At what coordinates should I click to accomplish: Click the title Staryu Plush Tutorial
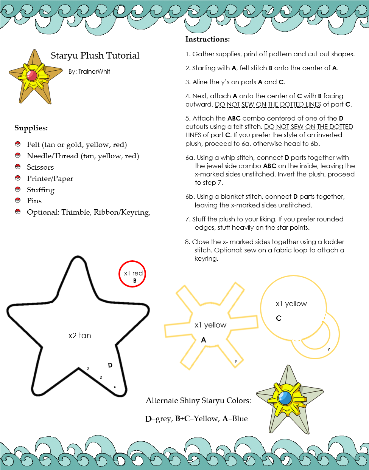point(95,56)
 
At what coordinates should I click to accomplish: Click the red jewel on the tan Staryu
point(32,75)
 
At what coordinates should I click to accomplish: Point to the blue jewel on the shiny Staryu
point(285,397)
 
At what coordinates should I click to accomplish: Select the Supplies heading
point(31,128)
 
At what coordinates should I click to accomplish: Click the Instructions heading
point(207,39)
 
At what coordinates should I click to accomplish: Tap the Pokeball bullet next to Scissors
point(17,167)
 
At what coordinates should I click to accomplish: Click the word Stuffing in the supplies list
point(40,190)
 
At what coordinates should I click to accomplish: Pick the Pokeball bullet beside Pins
point(17,200)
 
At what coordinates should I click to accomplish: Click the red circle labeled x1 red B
point(132,274)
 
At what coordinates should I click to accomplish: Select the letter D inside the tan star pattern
point(110,365)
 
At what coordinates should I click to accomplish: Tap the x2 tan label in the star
point(79,335)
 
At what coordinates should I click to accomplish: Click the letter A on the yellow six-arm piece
point(204,340)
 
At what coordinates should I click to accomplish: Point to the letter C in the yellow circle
point(279,318)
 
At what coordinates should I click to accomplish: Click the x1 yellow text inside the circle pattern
point(291,303)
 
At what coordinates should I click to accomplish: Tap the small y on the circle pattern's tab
point(329,349)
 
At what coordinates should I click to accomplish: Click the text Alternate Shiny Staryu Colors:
point(198,400)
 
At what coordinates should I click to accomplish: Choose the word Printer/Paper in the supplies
point(50,178)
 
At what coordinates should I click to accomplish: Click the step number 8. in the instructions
point(187,242)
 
